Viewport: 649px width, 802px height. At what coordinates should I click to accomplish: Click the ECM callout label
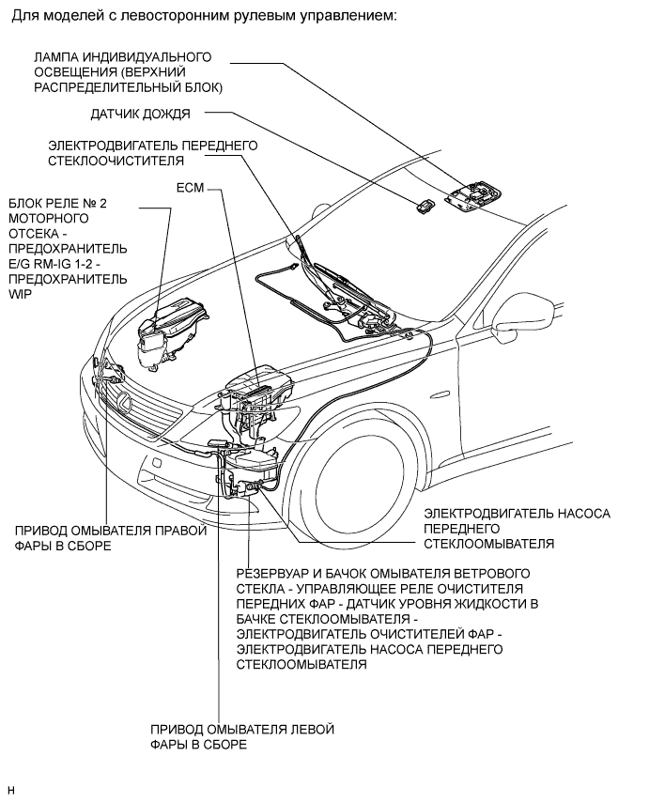(x=190, y=188)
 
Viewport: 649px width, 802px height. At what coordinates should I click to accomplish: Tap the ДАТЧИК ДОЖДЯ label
(x=140, y=114)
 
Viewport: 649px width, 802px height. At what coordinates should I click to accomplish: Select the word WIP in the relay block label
(x=21, y=295)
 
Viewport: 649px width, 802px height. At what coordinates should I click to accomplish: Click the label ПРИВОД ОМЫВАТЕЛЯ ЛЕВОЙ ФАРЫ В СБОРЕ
(x=242, y=736)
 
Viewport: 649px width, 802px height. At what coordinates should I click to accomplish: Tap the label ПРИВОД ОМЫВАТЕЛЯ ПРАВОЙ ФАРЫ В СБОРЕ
(x=111, y=538)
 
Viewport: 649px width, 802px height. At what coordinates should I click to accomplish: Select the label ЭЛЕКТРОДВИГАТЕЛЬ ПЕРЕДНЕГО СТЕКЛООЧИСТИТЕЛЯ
(x=153, y=153)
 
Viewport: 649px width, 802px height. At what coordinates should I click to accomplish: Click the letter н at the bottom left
(x=12, y=791)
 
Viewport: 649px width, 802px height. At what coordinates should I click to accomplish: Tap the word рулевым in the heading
(x=267, y=15)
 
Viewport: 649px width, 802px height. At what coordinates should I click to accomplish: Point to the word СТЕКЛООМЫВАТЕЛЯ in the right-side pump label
(x=489, y=543)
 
